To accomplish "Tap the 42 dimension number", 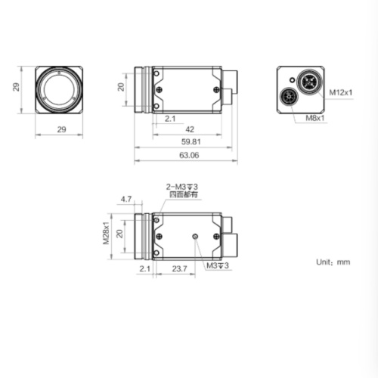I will pyautogui.click(x=190, y=129).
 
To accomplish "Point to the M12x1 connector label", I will pyautogui.click(x=341, y=92).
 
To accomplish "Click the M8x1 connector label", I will pyautogui.click(x=315, y=118).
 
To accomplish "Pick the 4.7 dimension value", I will pyautogui.click(x=126, y=200).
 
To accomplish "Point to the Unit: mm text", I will pyautogui.click(x=333, y=262).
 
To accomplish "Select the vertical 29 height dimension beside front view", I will pyautogui.click(x=16, y=88).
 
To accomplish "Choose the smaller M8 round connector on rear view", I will pyautogui.click(x=290, y=97).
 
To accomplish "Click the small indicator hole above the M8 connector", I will pyautogui.click(x=291, y=79).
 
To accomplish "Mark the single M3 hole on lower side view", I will pyautogui.click(x=196, y=237).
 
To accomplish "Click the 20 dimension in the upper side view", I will pyautogui.click(x=119, y=87).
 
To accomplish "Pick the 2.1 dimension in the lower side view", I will pyautogui.click(x=144, y=268).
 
